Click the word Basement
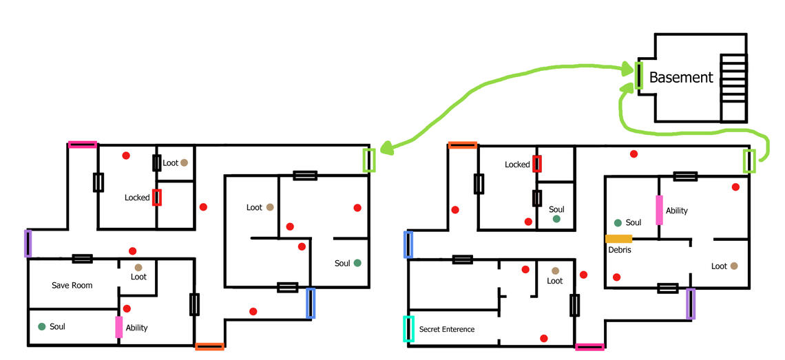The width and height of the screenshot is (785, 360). coord(680,78)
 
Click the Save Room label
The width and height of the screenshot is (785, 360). coord(72,285)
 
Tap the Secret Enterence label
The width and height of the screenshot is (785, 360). coord(446,330)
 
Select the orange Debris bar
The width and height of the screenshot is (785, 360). coord(618,239)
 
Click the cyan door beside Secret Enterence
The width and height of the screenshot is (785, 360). coord(408,328)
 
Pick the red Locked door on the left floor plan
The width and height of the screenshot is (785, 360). coord(157,197)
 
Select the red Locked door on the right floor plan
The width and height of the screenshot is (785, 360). coord(537,164)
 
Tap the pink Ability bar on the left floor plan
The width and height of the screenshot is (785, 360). coord(119,327)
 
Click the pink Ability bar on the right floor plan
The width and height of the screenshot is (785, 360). coord(659,210)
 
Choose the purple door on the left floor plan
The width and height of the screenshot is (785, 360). coord(28,243)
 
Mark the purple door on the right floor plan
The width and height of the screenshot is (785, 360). coord(691,304)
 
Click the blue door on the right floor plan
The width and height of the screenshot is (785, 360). coord(408,244)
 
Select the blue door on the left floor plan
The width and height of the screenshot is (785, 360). coord(311,304)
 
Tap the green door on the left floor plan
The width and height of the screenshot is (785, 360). coord(369,160)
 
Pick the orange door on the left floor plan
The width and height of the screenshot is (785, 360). coord(209,346)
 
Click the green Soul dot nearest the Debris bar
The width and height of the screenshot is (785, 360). coord(618,222)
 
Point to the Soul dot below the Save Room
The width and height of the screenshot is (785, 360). coord(42,326)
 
